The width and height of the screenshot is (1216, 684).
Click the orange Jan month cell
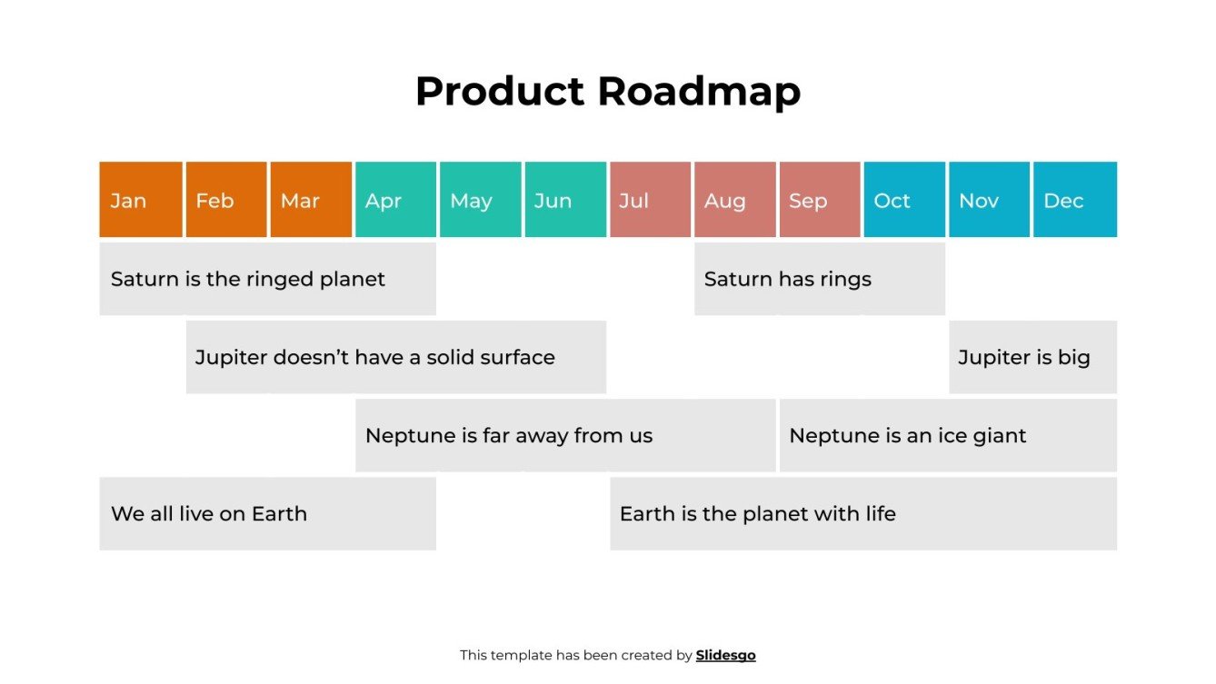(141, 200)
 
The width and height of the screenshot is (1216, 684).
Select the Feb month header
(226, 200)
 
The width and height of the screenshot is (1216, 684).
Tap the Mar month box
(311, 200)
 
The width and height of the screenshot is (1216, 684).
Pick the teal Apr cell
(395, 200)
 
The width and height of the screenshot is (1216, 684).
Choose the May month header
(481, 200)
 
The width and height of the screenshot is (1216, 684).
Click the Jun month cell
(565, 200)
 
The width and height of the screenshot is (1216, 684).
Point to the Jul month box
(650, 200)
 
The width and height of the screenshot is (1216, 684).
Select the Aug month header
(735, 200)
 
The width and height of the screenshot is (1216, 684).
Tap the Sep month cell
(820, 200)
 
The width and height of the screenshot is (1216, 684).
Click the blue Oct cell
(904, 200)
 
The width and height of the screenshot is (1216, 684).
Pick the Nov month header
(990, 200)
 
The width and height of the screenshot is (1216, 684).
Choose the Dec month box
(1075, 200)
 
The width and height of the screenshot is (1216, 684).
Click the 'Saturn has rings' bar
(820, 279)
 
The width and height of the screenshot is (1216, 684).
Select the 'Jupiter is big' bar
(1033, 357)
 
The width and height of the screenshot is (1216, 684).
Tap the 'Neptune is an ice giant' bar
(948, 436)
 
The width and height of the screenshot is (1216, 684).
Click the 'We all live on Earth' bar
(267, 514)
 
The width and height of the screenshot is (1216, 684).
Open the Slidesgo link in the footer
(725, 655)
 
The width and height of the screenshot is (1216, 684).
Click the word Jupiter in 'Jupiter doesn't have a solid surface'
(231, 358)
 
